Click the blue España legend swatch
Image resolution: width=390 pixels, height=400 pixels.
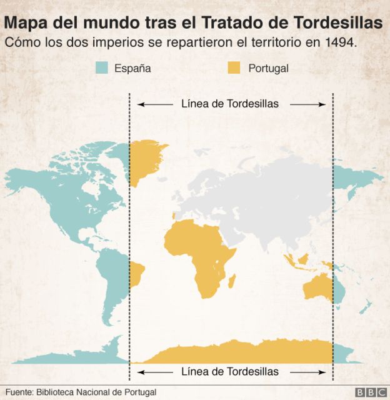[102, 68]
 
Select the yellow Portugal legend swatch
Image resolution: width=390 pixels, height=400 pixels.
[233, 68]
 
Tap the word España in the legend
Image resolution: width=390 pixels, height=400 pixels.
[132, 68]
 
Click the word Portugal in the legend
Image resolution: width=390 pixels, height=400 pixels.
[268, 68]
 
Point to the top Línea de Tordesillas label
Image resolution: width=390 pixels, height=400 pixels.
[230, 104]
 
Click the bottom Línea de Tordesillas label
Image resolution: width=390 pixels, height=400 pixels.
[230, 371]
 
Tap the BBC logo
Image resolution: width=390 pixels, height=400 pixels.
[371, 392]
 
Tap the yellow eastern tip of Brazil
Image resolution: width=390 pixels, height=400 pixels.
[136, 274]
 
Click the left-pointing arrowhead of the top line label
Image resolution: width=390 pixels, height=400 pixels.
[140, 104]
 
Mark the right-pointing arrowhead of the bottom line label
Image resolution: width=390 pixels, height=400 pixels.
[324, 372]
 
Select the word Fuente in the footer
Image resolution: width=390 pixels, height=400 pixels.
[19, 392]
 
